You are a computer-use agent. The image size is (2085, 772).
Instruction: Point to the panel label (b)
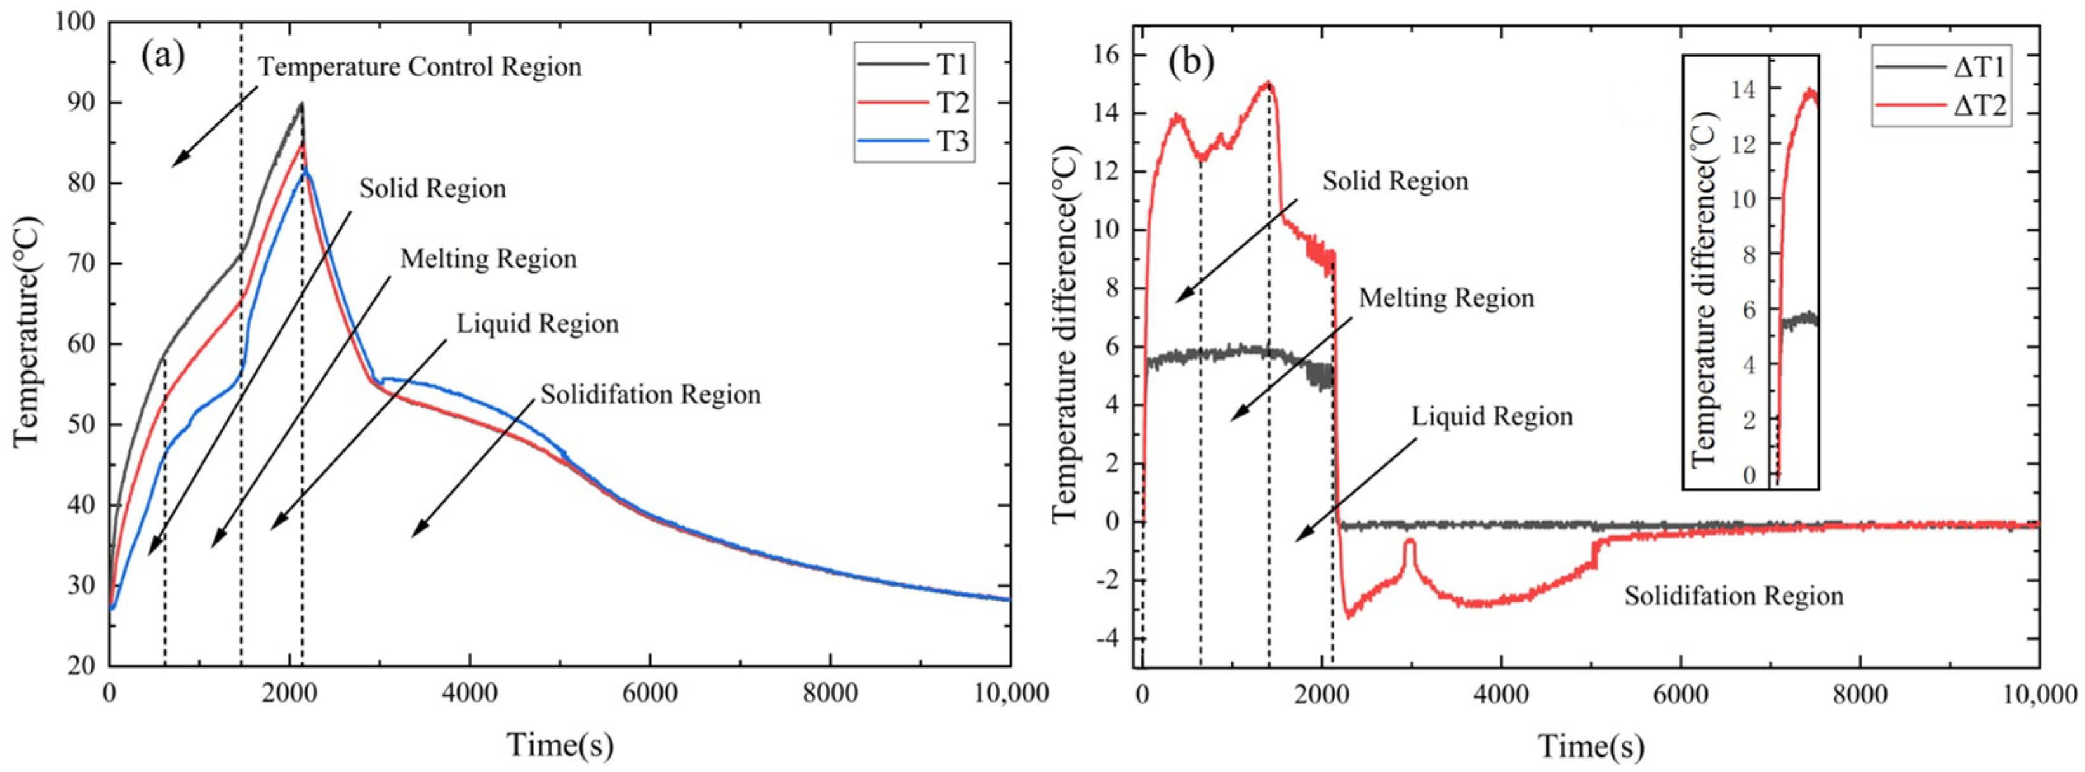point(1191,63)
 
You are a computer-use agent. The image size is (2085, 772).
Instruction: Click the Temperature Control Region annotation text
point(420,67)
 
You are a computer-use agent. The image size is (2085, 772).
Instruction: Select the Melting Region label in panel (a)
point(489,259)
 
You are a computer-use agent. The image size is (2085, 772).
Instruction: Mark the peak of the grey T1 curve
point(301,103)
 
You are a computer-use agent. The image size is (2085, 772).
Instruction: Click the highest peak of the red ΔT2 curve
point(1268,83)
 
